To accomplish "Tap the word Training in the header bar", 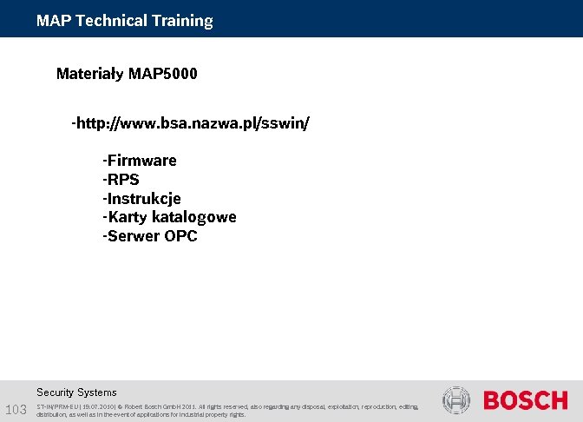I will [181, 21].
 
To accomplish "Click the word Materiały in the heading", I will [89, 74].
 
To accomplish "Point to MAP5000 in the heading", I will [162, 74].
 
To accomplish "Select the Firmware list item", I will [140, 161].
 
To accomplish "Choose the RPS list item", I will [121, 180].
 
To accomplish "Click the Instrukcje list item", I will [142, 199].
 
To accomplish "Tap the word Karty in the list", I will [127, 217].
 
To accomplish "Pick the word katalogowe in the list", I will [196, 217].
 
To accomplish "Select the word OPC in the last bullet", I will [180, 236].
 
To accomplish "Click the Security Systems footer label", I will [76, 392].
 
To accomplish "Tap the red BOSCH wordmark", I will [525, 401].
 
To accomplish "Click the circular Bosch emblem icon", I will [455, 400].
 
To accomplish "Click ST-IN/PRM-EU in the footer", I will [59, 406].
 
